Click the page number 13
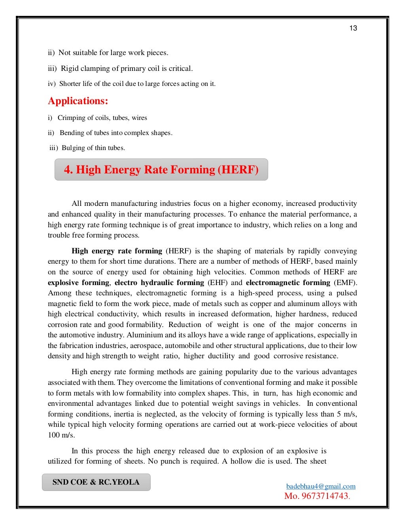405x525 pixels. (353, 28)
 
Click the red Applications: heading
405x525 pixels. (78, 101)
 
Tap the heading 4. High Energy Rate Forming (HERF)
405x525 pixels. (161, 170)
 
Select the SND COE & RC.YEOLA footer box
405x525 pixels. (96, 482)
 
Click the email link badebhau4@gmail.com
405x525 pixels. (320, 486)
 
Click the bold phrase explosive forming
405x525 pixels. (78, 283)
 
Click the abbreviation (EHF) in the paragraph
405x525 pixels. (217, 283)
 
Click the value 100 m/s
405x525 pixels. (61, 435)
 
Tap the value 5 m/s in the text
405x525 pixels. (348, 414)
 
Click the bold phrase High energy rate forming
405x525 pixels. (117, 251)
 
